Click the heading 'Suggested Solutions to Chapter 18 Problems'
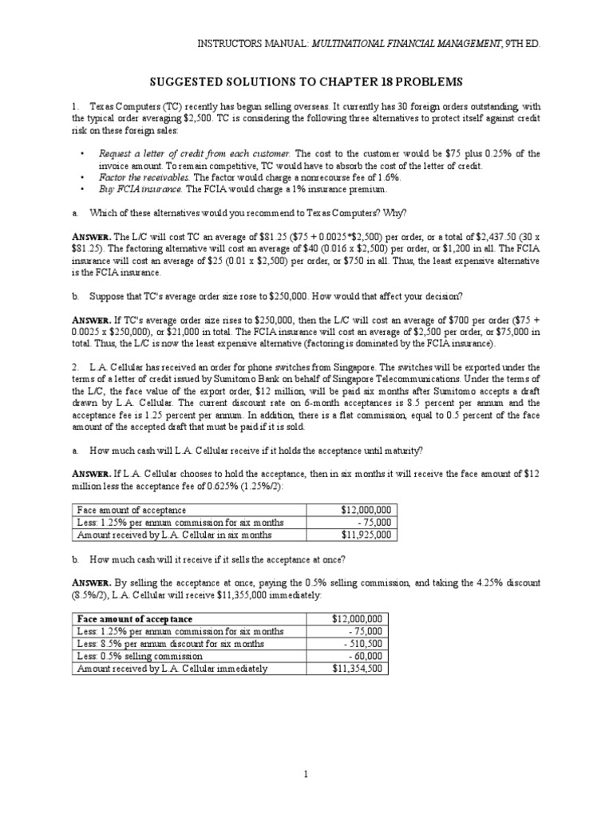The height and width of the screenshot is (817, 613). point(306,82)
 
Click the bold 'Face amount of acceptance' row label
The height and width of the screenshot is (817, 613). point(135,618)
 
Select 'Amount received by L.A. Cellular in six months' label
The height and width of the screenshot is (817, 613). point(174,535)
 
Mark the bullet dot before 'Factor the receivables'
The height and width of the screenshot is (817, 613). point(83,178)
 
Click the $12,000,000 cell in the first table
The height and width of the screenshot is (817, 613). point(363,510)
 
